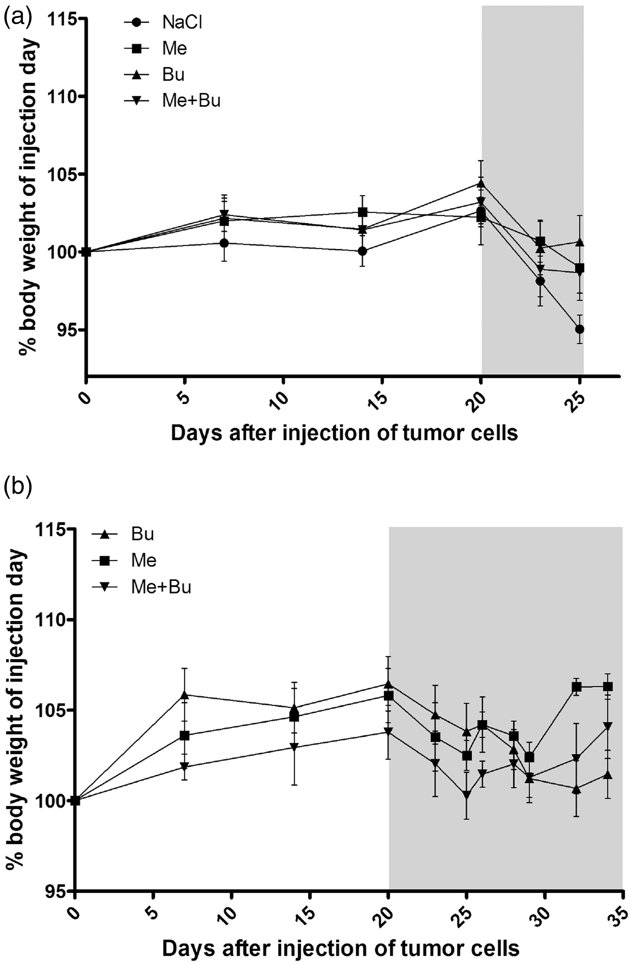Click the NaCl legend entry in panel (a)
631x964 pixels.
tap(163, 23)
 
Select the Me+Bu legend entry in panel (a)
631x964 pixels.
tap(172, 101)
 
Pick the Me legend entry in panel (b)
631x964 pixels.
tap(124, 560)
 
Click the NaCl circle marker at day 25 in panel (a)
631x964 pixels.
tap(579, 329)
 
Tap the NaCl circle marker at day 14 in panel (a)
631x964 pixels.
tap(363, 251)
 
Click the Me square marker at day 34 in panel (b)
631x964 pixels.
tap(608, 687)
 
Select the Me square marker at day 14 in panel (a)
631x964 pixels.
tap(363, 212)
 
